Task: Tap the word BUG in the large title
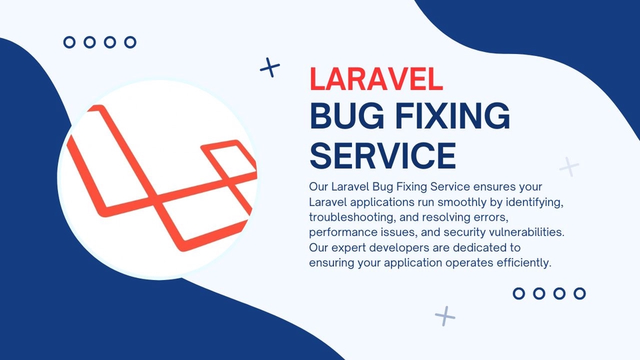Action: pos(347,117)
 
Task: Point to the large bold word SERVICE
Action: pos(383,155)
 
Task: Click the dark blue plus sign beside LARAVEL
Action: pos(269,67)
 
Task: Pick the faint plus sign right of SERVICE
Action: pos(569,165)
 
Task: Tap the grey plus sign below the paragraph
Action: pos(445,315)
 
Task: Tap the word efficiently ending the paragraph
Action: pos(521,263)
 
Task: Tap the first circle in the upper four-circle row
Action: pos(69,42)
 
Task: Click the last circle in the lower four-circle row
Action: pos(579,293)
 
